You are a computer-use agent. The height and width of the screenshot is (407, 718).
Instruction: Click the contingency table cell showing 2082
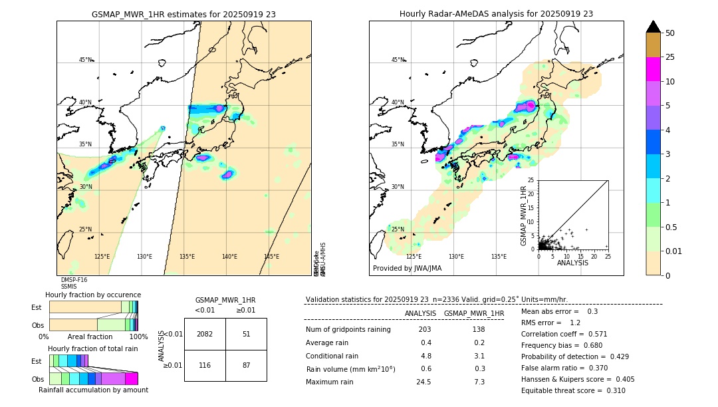[x=205, y=334]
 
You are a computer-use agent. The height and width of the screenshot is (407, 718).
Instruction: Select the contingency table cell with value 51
[x=246, y=334]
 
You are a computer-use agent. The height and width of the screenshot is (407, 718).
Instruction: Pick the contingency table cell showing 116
[x=205, y=366]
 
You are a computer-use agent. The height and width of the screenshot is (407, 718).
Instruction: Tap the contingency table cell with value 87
[x=246, y=366]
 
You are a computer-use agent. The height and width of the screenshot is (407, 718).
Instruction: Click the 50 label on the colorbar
[x=670, y=33]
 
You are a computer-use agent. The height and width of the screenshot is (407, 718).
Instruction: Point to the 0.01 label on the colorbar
[x=673, y=251]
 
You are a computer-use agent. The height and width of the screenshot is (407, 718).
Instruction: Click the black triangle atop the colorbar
[x=654, y=27]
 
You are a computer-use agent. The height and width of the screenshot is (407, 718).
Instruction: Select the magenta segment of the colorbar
[x=654, y=69]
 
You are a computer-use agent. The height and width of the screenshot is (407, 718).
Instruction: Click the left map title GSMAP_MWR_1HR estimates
[x=183, y=14]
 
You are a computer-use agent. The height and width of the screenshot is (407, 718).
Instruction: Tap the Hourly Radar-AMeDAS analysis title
[x=496, y=14]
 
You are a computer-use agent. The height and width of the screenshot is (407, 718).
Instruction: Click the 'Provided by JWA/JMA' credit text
[x=407, y=268]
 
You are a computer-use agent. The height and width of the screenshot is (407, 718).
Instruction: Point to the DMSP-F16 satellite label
[x=74, y=280]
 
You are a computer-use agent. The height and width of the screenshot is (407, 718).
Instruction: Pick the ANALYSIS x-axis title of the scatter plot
[x=572, y=263]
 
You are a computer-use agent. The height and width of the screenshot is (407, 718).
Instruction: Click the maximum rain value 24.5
[x=424, y=382]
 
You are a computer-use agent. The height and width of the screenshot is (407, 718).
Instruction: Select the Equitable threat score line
[x=573, y=390]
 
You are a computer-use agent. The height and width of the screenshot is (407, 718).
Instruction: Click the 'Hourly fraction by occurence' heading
[x=93, y=295]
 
